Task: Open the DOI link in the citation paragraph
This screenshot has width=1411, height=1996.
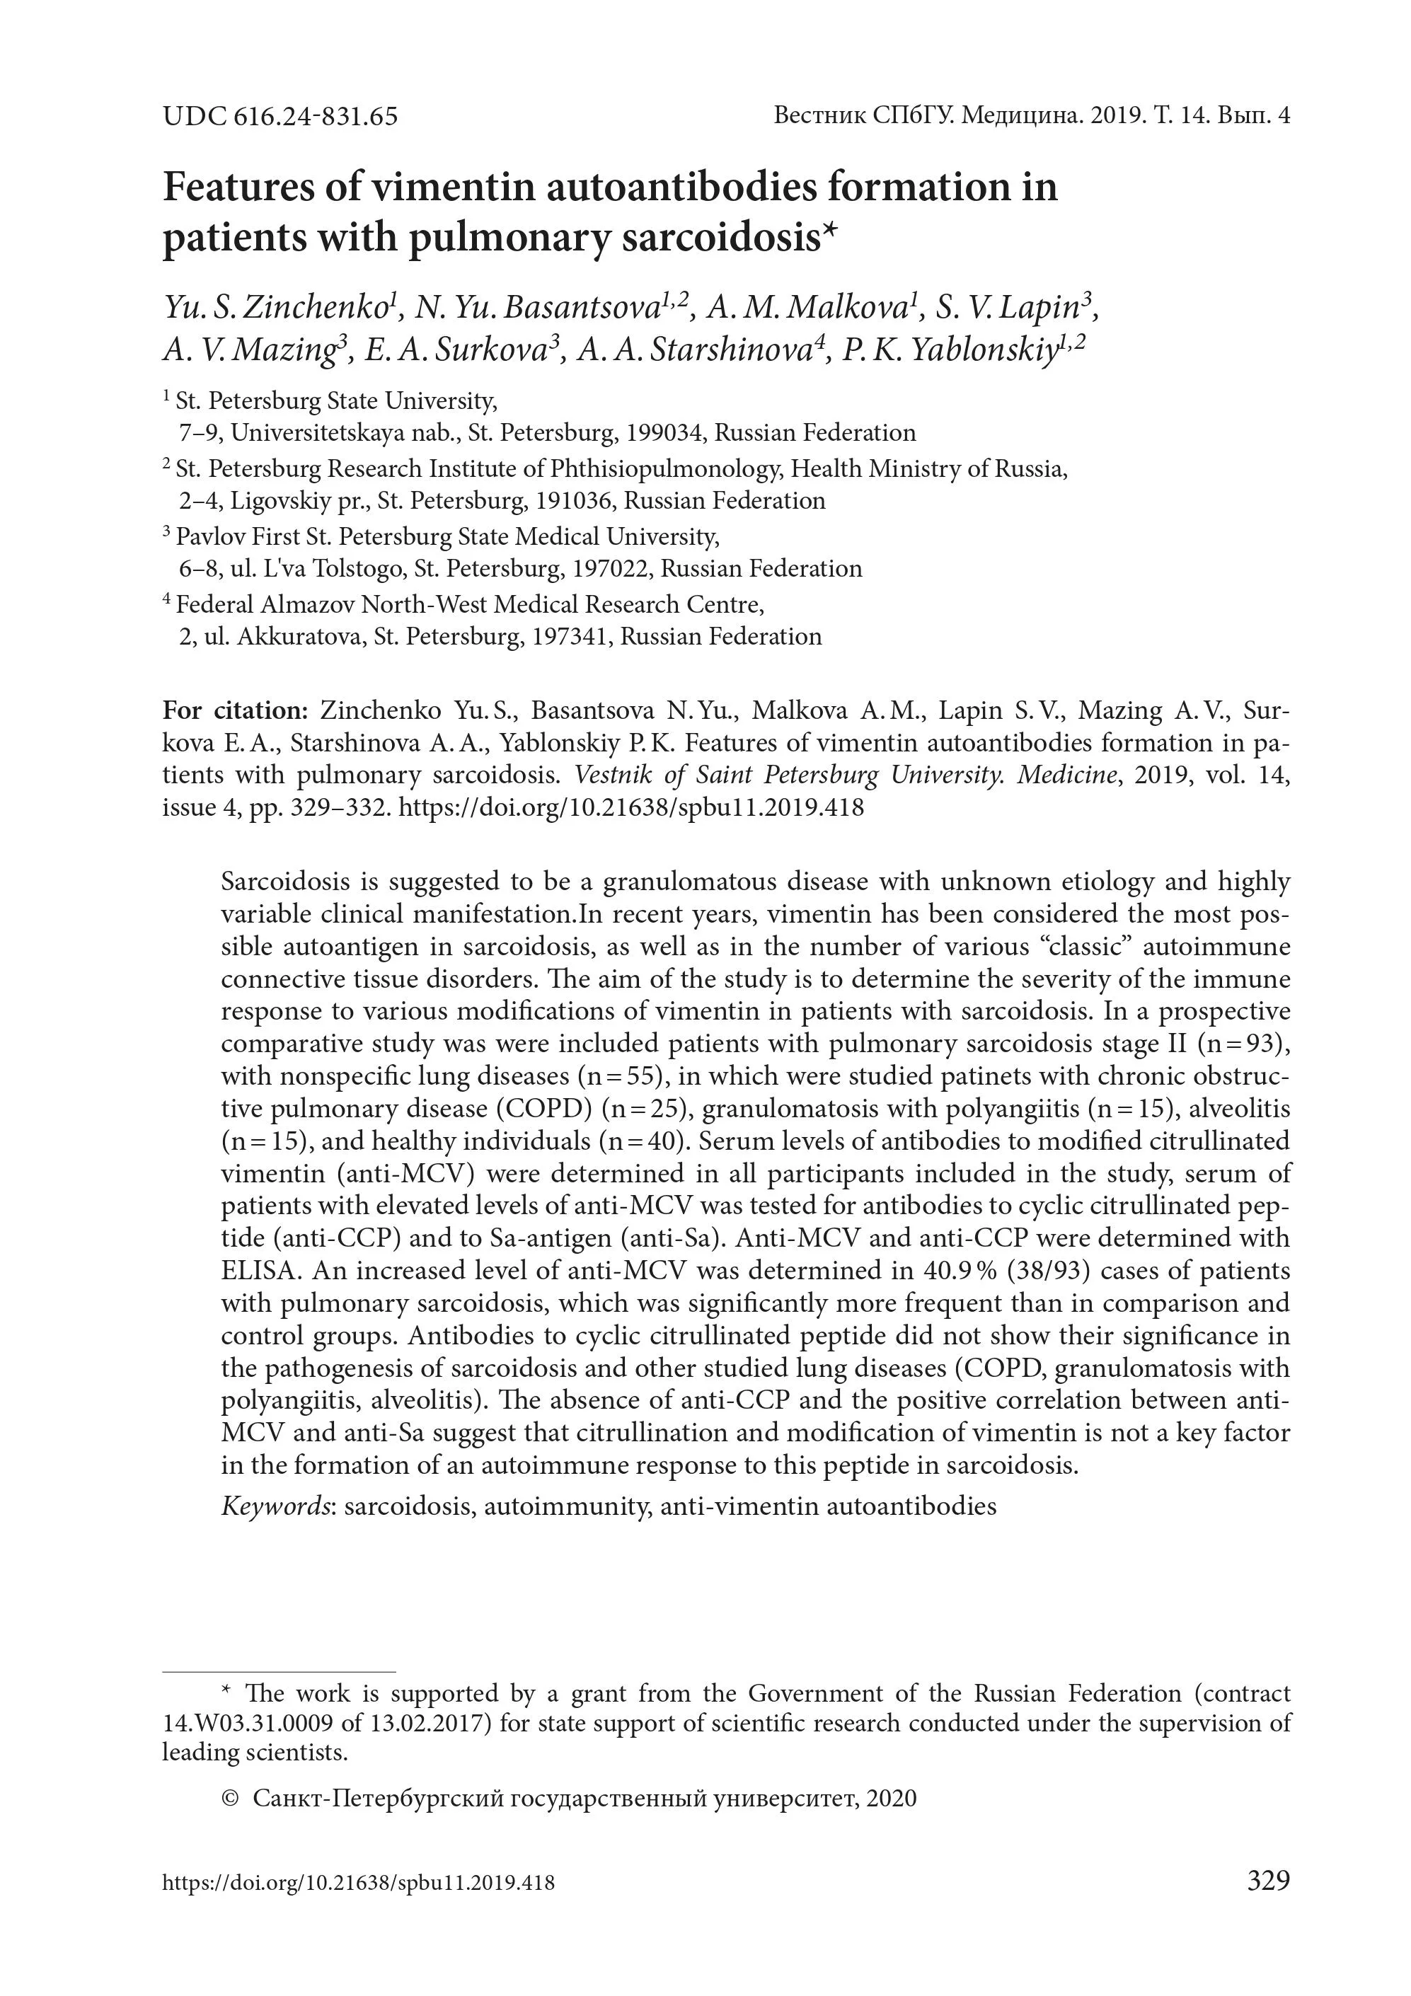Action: coord(630,807)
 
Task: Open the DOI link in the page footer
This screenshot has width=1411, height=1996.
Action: coord(358,1883)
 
